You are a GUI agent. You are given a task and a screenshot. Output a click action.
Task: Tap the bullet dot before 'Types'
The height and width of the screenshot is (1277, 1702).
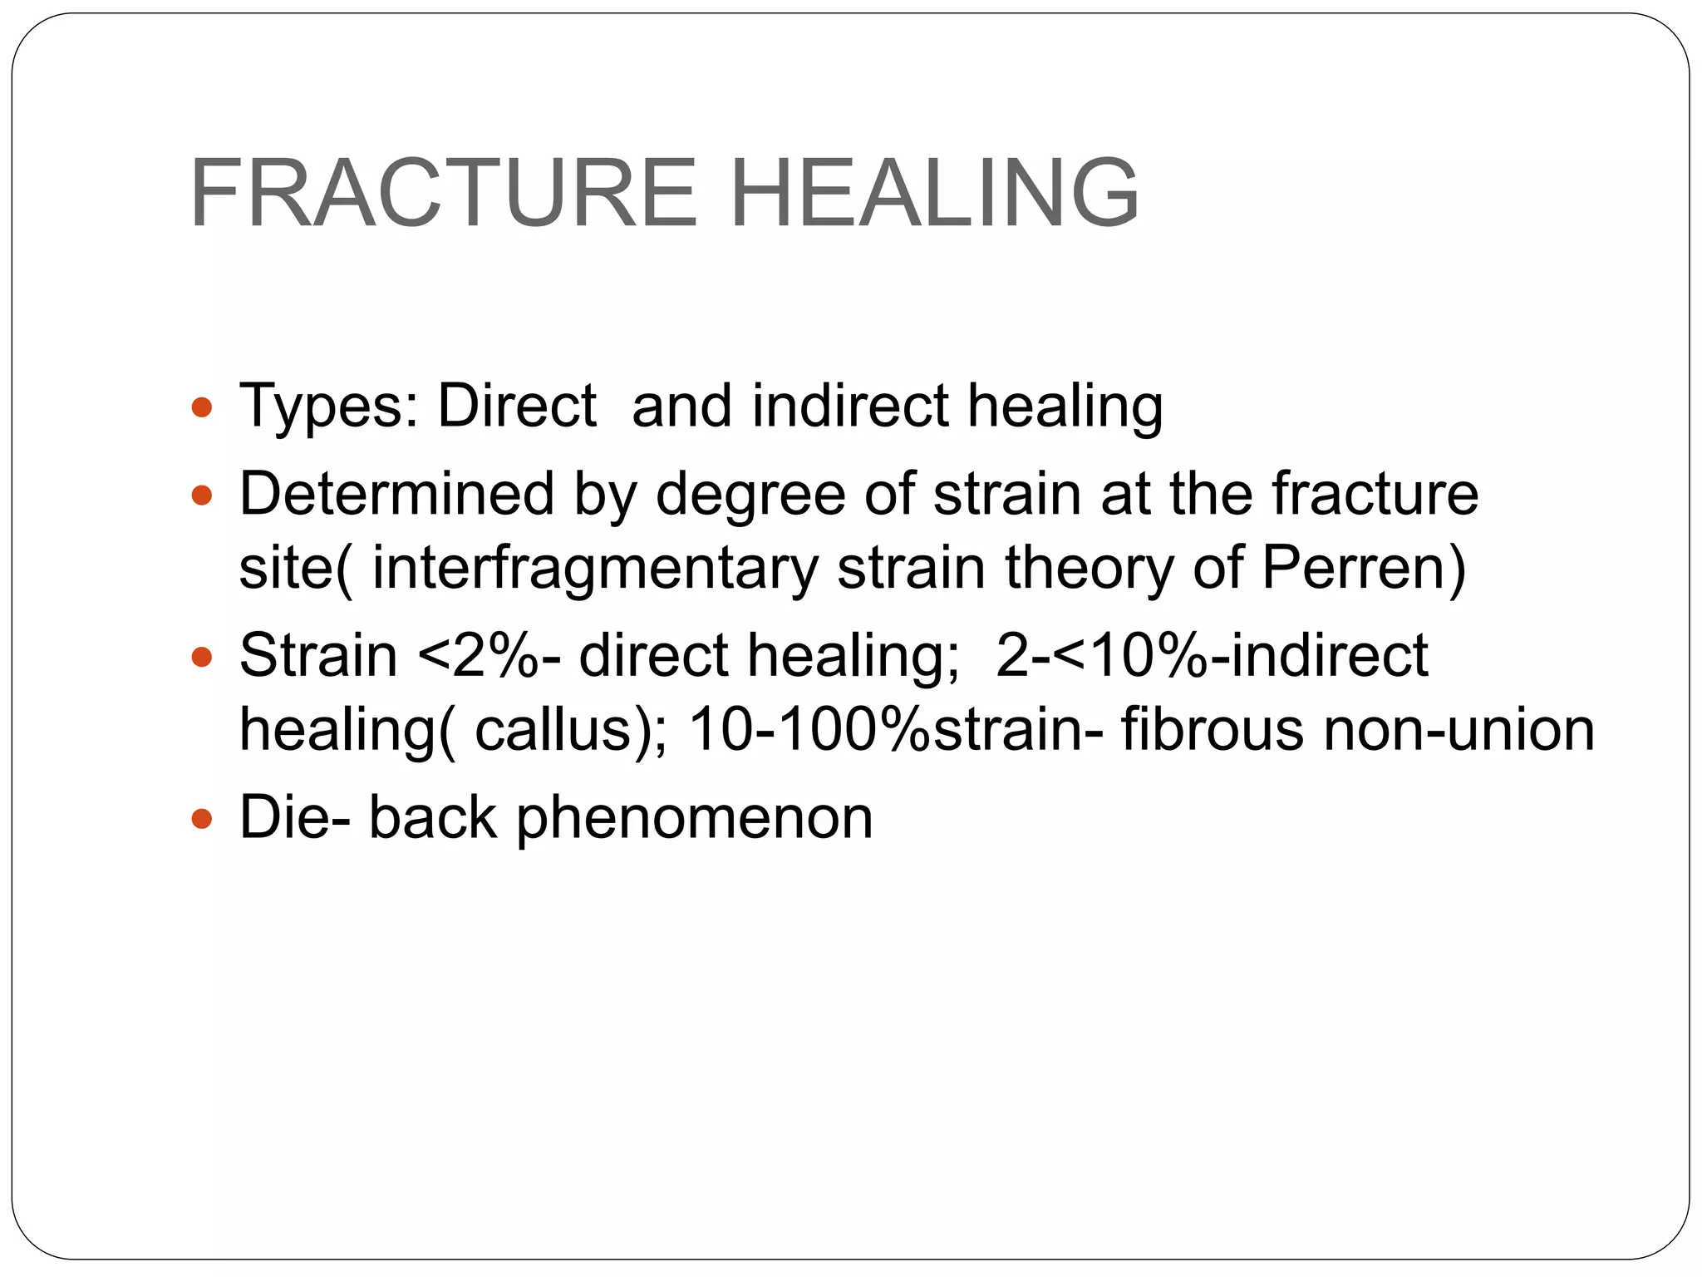pos(202,407)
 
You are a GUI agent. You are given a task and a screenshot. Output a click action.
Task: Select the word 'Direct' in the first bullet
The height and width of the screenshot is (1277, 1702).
pos(517,406)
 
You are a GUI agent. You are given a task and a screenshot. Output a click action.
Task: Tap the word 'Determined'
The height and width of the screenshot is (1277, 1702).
pos(397,494)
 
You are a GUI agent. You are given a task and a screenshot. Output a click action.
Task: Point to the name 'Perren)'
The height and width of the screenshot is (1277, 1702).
pos(1364,569)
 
